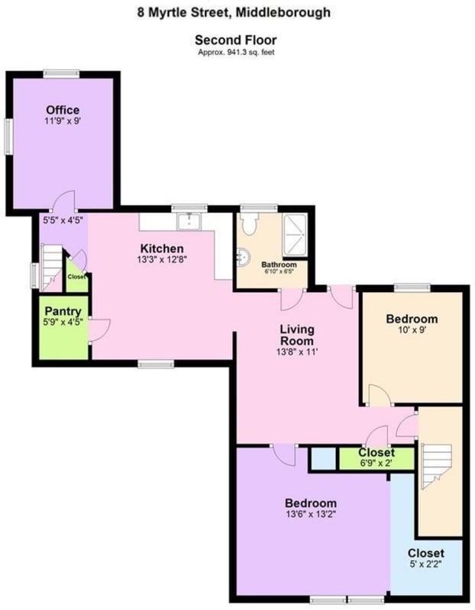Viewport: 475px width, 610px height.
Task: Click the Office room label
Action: pyautogui.click(x=62, y=110)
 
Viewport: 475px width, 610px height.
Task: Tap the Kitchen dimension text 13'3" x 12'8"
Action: pyautogui.click(x=161, y=260)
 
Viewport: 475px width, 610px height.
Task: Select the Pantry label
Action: pyautogui.click(x=63, y=311)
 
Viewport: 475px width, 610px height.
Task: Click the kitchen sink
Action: pyautogui.click(x=187, y=221)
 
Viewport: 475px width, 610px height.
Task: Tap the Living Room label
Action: pyautogui.click(x=297, y=335)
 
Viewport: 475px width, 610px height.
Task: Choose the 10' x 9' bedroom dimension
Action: pyautogui.click(x=411, y=331)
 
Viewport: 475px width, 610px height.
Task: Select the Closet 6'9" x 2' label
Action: pyautogui.click(x=376, y=452)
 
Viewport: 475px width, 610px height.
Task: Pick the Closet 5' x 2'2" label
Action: pyautogui.click(x=425, y=554)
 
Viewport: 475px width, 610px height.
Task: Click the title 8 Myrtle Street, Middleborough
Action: pyautogui.click(x=234, y=12)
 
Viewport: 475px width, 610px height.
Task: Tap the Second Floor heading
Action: pyautogui.click(x=235, y=40)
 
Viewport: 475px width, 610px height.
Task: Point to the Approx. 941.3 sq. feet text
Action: pyautogui.click(x=235, y=52)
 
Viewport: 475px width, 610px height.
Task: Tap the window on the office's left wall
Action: pyautogui.click(x=9, y=138)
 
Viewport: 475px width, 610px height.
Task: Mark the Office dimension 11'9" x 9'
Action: pyautogui.click(x=62, y=121)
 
